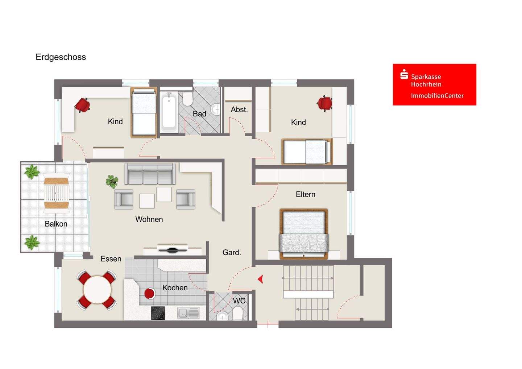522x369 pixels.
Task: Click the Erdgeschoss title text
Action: click(x=61, y=57)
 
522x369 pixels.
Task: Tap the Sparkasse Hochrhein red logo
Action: click(x=434, y=84)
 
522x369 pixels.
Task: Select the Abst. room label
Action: click(x=239, y=109)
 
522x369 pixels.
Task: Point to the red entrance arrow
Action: click(x=261, y=279)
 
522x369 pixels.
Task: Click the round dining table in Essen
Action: click(x=97, y=290)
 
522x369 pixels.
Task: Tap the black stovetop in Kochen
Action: click(x=158, y=313)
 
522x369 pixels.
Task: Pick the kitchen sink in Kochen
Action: click(x=188, y=313)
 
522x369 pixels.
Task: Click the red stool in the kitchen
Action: click(x=149, y=294)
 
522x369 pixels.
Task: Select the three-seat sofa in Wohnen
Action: click(x=150, y=174)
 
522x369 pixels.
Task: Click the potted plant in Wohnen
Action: click(x=112, y=182)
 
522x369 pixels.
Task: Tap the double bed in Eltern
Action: click(x=304, y=234)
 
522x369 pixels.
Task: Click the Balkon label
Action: click(x=56, y=224)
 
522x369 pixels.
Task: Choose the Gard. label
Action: click(x=232, y=252)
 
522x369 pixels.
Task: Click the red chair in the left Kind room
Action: click(x=82, y=105)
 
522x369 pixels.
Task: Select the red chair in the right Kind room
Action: click(x=325, y=103)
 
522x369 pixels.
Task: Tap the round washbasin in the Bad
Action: click(x=216, y=109)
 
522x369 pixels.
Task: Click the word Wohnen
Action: click(x=149, y=219)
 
